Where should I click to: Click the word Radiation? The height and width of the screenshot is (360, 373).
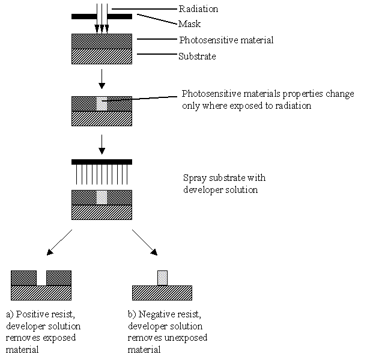click(x=198, y=8)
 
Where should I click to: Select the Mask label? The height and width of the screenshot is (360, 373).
click(x=189, y=24)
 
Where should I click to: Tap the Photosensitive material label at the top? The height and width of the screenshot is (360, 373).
click(x=226, y=40)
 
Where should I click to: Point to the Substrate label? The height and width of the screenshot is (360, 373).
click(x=197, y=56)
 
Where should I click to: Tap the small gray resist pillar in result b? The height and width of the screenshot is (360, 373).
click(x=162, y=278)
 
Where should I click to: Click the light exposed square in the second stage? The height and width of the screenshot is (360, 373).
click(x=102, y=103)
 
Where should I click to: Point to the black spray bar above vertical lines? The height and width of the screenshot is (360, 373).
click(x=102, y=162)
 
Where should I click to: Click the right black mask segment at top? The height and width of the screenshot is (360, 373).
click(x=120, y=16)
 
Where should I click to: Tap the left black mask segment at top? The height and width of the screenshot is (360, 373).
click(x=83, y=16)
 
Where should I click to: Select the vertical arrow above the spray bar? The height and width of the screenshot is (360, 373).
click(x=102, y=142)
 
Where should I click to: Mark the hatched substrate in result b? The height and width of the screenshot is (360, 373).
click(x=162, y=293)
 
